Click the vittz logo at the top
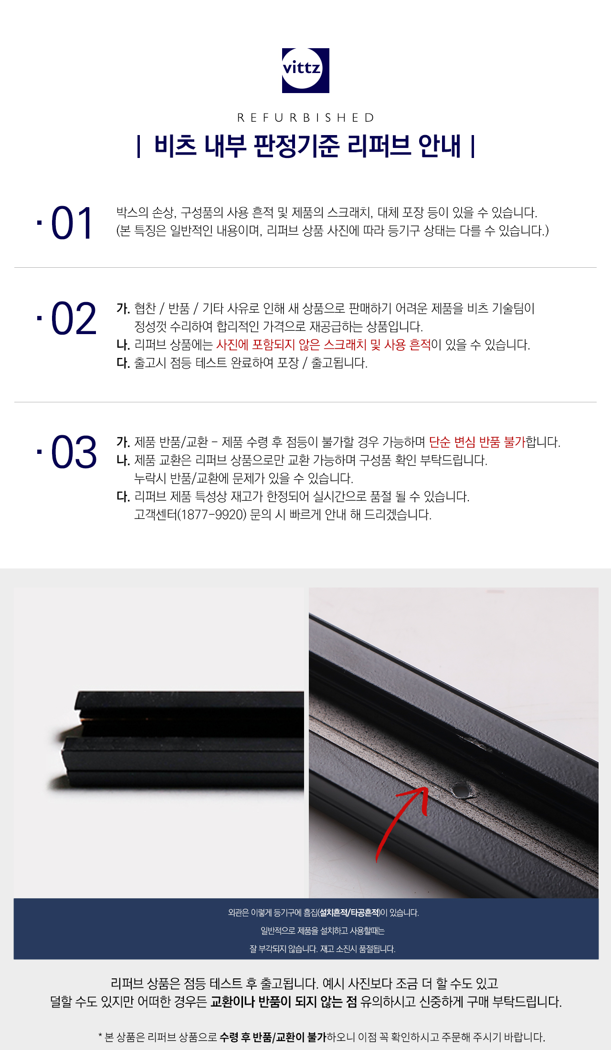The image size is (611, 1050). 305,70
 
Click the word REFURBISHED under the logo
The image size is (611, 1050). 305,117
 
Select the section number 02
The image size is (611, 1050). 74,318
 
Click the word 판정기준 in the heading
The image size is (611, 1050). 296,146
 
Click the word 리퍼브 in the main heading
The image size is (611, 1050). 379,146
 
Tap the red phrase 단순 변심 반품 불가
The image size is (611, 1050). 477,442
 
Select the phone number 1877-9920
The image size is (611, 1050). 212,515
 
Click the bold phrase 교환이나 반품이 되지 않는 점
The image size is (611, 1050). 284,1001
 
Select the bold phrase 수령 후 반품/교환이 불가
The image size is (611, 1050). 273,1037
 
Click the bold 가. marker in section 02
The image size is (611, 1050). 123,308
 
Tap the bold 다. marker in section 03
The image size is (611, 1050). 123,496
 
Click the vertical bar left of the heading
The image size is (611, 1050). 138,147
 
